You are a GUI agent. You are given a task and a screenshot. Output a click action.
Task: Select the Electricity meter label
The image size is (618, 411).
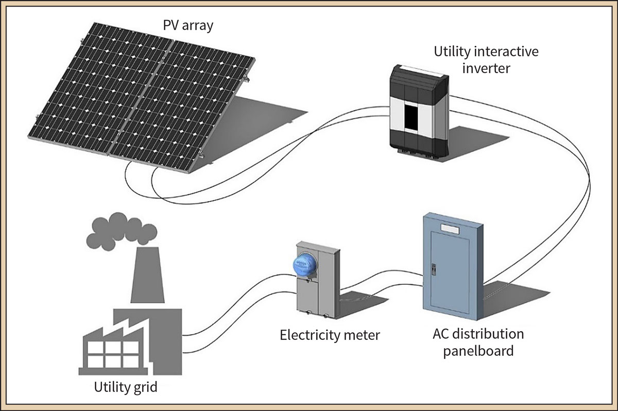click(x=330, y=335)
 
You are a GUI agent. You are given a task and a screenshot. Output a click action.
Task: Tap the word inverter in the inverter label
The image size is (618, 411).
click(x=486, y=68)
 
